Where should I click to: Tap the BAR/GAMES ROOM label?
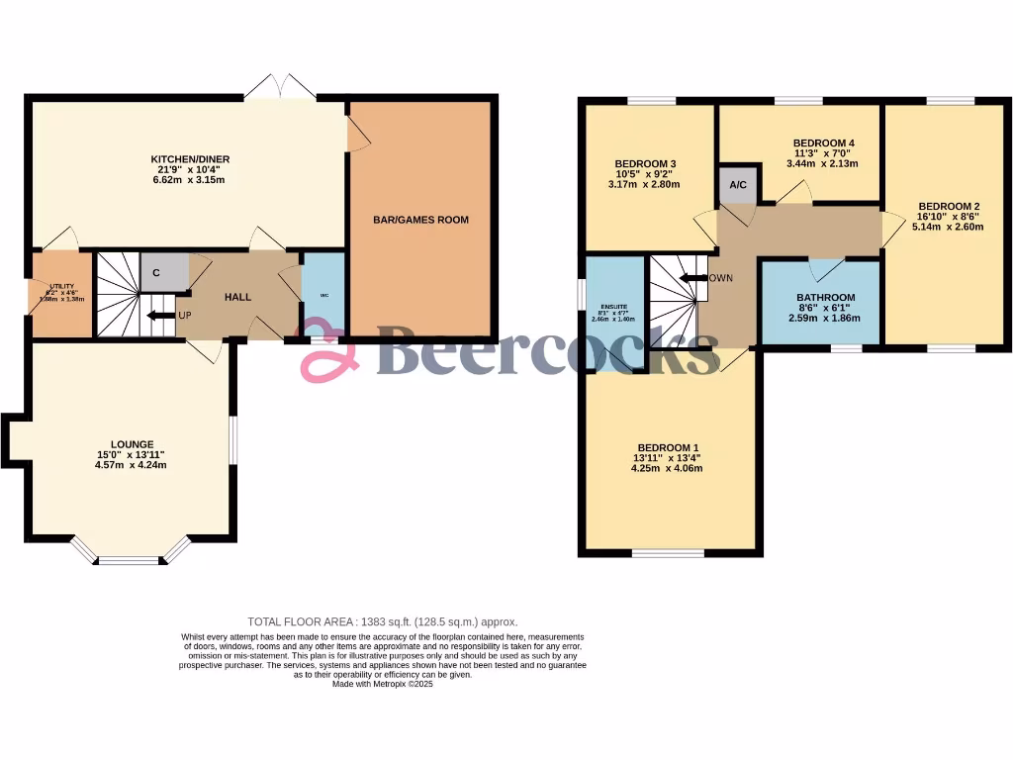click(420, 220)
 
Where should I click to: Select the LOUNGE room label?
click(132, 444)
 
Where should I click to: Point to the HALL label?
click(237, 297)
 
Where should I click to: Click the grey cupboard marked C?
click(156, 272)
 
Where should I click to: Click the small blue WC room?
click(323, 295)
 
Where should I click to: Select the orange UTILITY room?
click(61, 293)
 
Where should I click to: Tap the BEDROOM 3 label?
click(645, 164)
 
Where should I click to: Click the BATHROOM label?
click(825, 298)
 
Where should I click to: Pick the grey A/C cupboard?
click(738, 185)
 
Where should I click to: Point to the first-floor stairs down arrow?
click(692, 278)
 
